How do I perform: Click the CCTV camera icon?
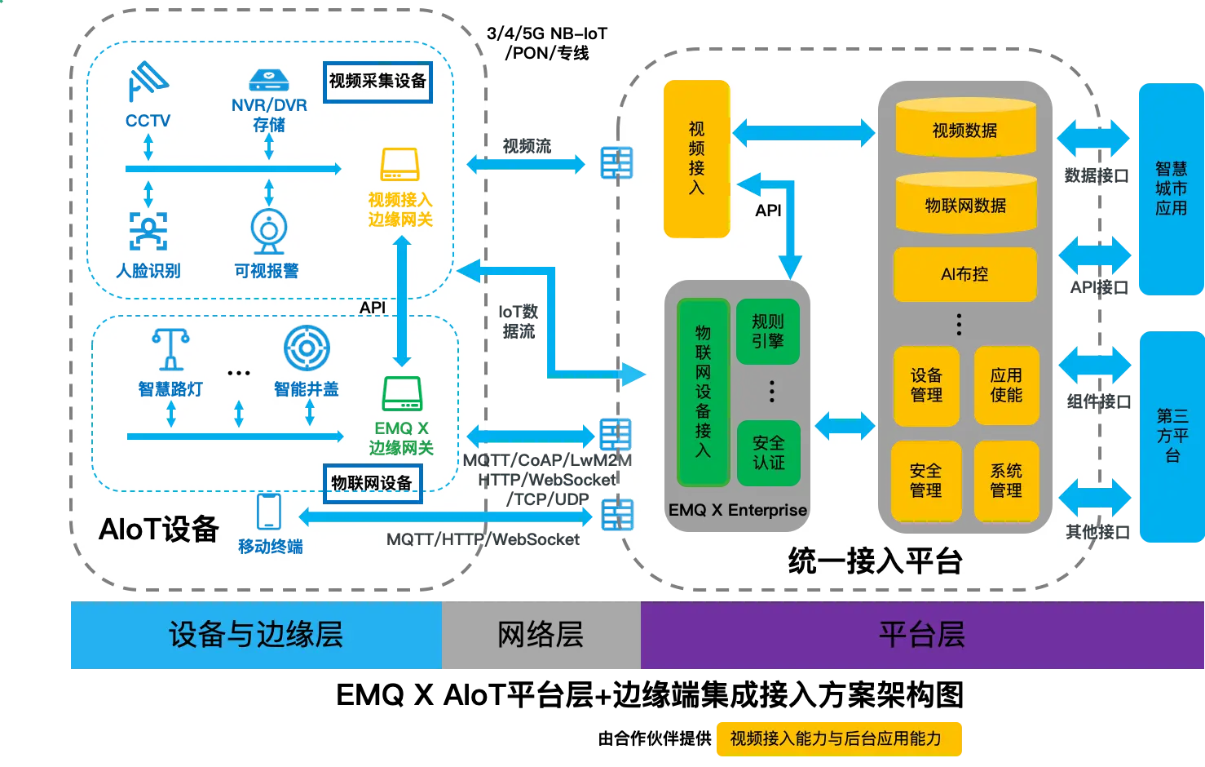[x=148, y=82]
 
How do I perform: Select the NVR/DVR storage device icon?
[x=268, y=80]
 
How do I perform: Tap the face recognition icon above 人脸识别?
[x=148, y=231]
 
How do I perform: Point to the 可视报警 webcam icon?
[x=268, y=231]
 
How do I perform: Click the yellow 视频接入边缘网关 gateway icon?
[x=399, y=164]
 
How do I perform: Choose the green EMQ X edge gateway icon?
[x=402, y=394]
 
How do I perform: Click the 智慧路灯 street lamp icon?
[x=170, y=349]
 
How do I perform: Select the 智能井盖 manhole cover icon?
[x=307, y=348]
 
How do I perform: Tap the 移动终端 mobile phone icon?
[x=269, y=512]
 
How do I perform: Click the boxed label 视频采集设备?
[x=377, y=82]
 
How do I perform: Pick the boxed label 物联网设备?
[x=372, y=483]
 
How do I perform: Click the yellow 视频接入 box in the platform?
[x=696, y=159]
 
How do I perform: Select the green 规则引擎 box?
[x=767, y=332]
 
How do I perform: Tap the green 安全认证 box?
[x=768, y=453]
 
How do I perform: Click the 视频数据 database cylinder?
[x=965, y=129]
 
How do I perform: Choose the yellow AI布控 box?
[x=964, y=275]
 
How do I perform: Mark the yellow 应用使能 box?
[x=1006, y=385]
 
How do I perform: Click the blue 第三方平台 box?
[x=1171, y=437]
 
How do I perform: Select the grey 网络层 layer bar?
[x=541, y=635]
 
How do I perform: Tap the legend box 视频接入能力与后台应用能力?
[x=836, y=738]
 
